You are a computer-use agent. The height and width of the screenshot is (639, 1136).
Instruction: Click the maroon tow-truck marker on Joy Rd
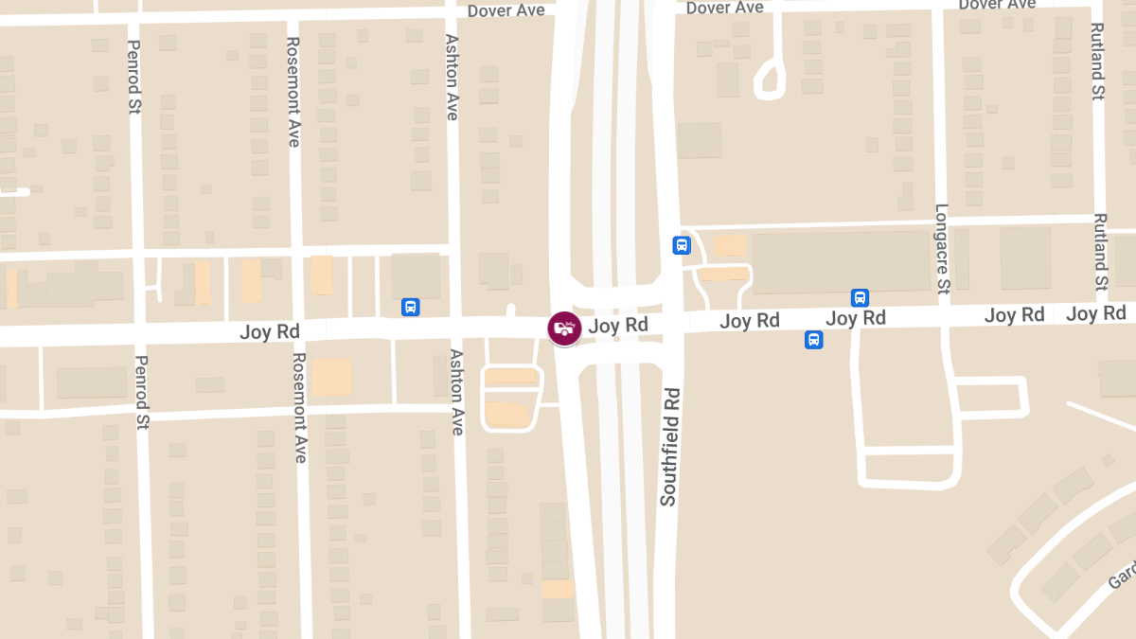564,328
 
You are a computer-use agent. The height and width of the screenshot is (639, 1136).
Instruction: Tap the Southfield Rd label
669,446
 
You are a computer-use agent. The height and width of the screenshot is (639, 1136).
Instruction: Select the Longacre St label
942,249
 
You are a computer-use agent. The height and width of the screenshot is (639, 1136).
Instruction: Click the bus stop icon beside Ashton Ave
411,307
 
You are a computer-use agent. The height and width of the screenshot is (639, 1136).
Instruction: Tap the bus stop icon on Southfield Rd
681,245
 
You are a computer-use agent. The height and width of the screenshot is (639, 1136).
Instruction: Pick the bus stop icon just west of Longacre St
860,297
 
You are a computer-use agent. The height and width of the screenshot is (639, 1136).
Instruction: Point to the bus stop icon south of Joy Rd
813,340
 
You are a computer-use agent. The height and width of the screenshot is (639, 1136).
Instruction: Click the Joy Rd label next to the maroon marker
618,326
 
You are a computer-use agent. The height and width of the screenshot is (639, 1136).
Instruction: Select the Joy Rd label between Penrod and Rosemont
270,331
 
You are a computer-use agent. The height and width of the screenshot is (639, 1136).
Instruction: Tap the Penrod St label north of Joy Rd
133,77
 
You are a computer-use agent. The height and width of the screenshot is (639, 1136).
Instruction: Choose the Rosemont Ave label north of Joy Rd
293,92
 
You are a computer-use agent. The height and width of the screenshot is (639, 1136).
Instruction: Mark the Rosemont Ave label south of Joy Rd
300,407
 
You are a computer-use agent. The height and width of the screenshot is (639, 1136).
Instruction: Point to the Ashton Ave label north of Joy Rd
452,78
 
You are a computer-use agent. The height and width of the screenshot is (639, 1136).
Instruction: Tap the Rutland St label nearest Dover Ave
1097,62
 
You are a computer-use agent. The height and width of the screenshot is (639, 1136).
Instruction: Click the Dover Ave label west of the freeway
506,10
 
